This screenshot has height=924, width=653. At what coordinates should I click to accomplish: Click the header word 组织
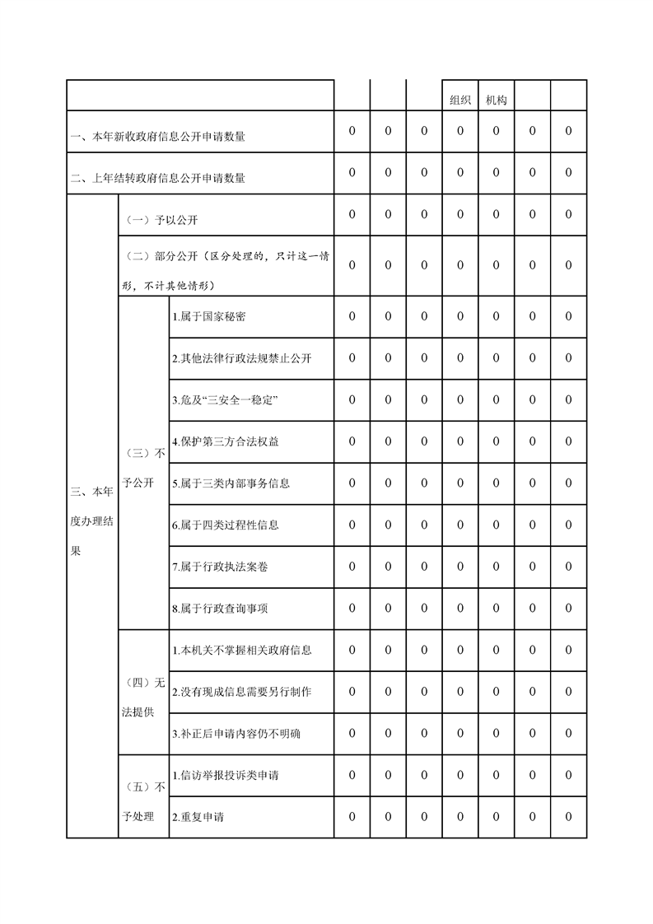click(x=460, y=100)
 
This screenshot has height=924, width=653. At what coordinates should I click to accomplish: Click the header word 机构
click(x=497, y=100)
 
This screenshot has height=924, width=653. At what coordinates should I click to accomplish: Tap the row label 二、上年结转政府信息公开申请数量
click(x=157, y=178)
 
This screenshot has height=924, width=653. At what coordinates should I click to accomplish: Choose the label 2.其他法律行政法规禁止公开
click(x=241, y=359)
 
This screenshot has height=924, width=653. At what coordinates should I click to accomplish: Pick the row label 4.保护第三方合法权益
click(x=225, y=441)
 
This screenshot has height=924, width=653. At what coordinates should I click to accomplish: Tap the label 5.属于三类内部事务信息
click(x=231, y=483)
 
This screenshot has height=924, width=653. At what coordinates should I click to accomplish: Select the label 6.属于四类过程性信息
click(x=225, y=525)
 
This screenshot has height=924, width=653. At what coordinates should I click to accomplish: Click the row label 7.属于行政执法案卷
click(x=219, y=567)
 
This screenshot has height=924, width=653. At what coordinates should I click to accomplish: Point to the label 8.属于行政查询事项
click(x=219, y=609)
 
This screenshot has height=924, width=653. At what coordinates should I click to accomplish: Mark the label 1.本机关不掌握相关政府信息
click(x=241, y=651)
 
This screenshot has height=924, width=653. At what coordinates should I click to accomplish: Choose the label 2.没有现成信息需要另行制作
click(x=241, y=692)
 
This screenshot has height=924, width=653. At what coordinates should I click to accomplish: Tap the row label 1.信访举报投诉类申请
click(x=225, y=776)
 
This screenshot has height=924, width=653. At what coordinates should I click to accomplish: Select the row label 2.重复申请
click(x=198, y=818)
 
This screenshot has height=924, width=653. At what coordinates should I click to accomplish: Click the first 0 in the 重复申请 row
click(x=352, y=817)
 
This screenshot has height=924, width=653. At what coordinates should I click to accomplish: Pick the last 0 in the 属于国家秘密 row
click(x=568, y=316)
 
